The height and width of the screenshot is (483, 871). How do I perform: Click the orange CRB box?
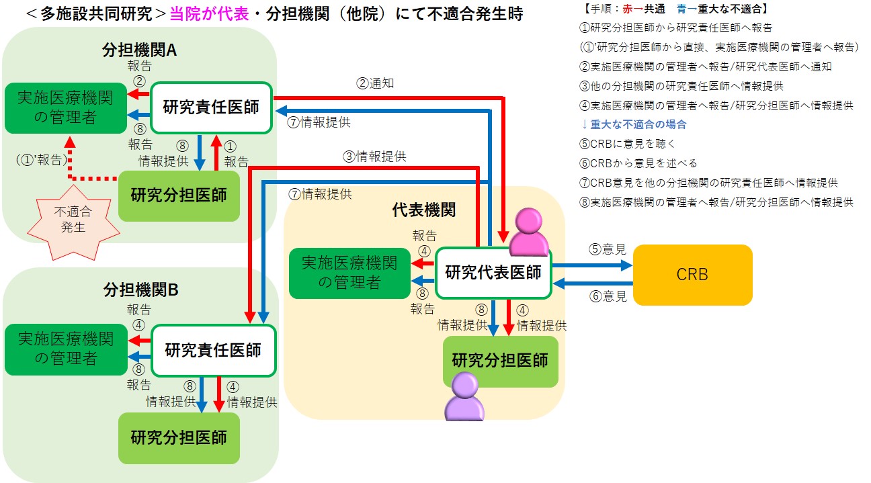(692, 274)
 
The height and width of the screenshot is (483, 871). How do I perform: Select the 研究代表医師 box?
(493, 273)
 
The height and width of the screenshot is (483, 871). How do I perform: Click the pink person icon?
(529, 232)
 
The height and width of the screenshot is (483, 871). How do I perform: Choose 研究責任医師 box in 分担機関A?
(211, 107)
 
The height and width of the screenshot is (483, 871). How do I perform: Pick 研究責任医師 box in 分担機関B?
(213, 350)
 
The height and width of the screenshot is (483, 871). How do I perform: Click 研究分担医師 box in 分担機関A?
(179, 195)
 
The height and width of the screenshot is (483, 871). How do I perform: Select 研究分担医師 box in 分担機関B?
(179, 437)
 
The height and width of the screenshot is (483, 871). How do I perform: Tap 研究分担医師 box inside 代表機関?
(500, 361)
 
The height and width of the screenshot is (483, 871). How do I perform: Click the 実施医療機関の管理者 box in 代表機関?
(349, 273)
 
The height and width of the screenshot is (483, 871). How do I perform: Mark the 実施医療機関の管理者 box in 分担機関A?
(65, 107)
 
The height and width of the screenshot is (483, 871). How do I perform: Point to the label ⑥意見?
(608, 296)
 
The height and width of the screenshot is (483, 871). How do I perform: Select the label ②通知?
(375, 84)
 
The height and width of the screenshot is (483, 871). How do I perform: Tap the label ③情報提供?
(375, 157)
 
